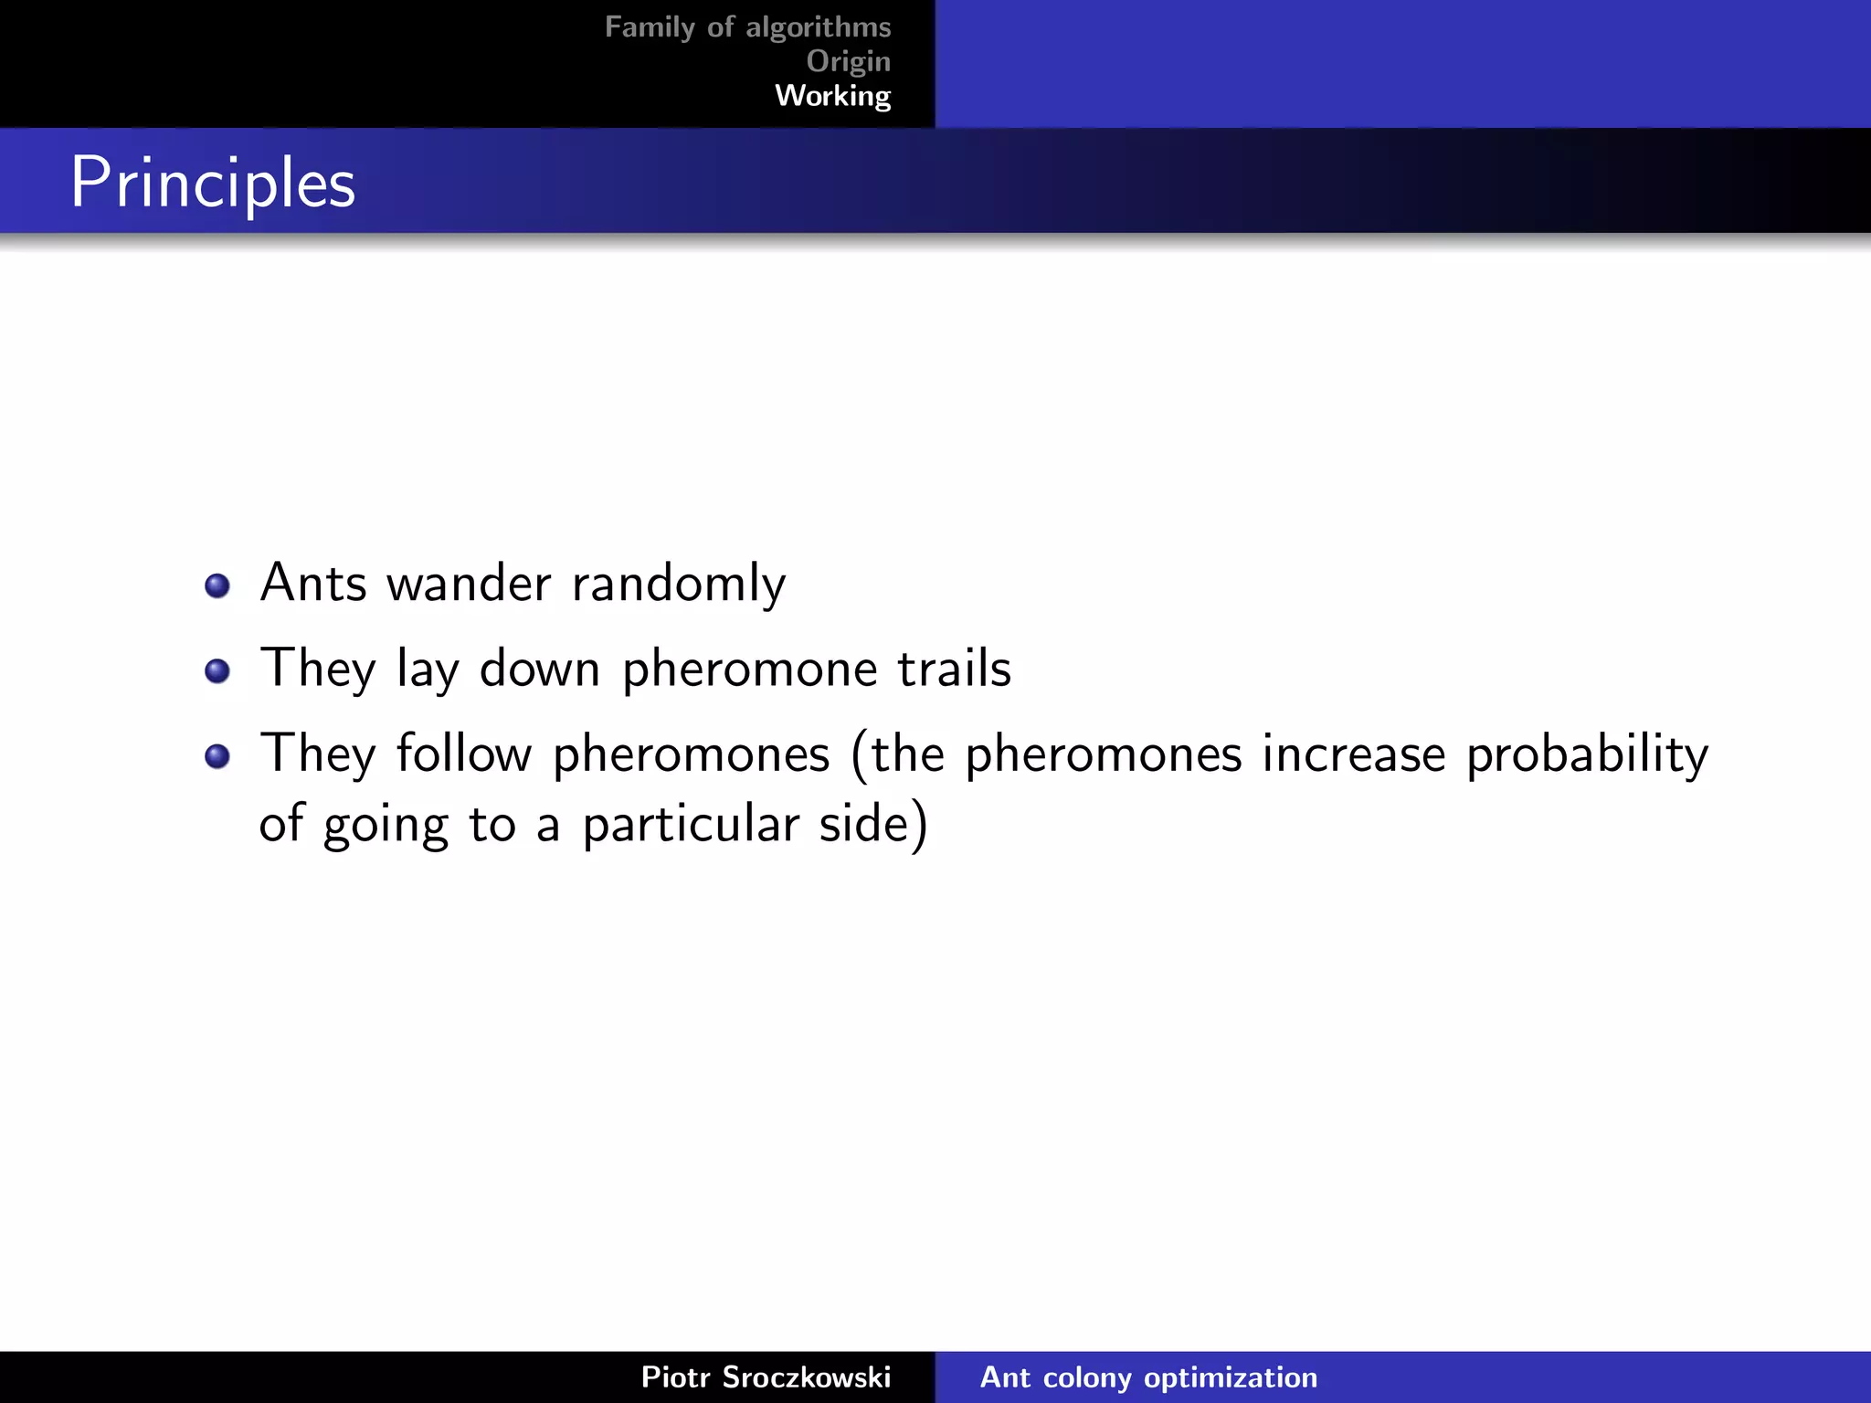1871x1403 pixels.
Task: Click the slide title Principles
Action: coord(212,183)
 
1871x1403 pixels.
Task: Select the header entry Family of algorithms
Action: coord(747,27)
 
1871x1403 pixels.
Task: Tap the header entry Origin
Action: coord(848,61)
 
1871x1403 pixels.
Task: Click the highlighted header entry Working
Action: coord(832,95)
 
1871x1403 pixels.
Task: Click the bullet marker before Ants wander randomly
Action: coord(217,585)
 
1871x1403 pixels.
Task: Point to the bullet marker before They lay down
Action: coord(217,671)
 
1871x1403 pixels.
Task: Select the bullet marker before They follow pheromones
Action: coord(217,756)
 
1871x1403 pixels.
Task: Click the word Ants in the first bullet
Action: coord(313,583)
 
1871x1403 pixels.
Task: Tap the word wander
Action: coord(469,583)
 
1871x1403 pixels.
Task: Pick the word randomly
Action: coord(678,585)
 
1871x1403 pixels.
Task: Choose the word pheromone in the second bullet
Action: coord(747,670)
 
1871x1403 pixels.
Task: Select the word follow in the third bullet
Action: coord(463,754)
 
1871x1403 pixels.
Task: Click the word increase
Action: coord(1353,754)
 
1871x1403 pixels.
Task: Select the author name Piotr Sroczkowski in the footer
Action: coord(766,1377)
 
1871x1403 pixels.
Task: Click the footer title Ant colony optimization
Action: coord(1148,1377)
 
